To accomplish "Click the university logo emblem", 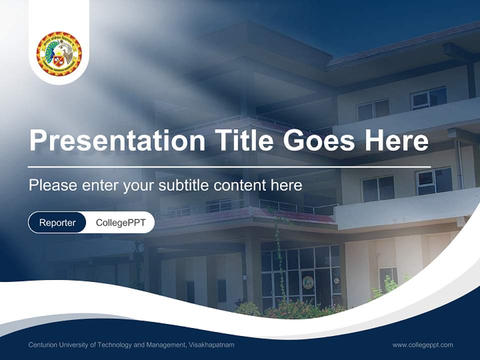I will (x=59, y=53).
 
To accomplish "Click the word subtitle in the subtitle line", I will (x=184, y=185).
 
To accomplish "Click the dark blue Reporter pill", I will (x=57, y=222).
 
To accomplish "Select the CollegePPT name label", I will (x=120, y=222).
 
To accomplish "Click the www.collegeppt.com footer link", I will (x=422, y=345).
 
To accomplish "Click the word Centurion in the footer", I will (x=43, y=345).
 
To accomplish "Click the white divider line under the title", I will (x=229, y=166).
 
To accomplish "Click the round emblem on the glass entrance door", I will (x=308, y=281).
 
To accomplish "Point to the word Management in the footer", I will (x=162, y=345).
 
